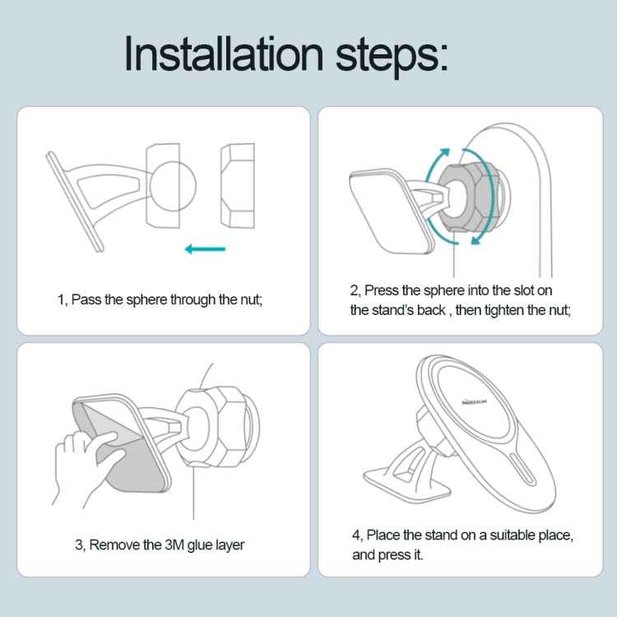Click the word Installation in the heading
click(x=224, y=53)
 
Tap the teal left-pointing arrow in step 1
click(x=205, y=249)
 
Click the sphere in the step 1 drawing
click(x=173, y=185)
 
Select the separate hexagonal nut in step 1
click(x=237, y=185)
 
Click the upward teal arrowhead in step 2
click(x=444, y=153)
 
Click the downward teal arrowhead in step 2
click(x=476, y=239)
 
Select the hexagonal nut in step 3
click(x=215, y=426)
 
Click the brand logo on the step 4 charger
click(x=474, y=401)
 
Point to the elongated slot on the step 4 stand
click(x=522, y=468)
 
